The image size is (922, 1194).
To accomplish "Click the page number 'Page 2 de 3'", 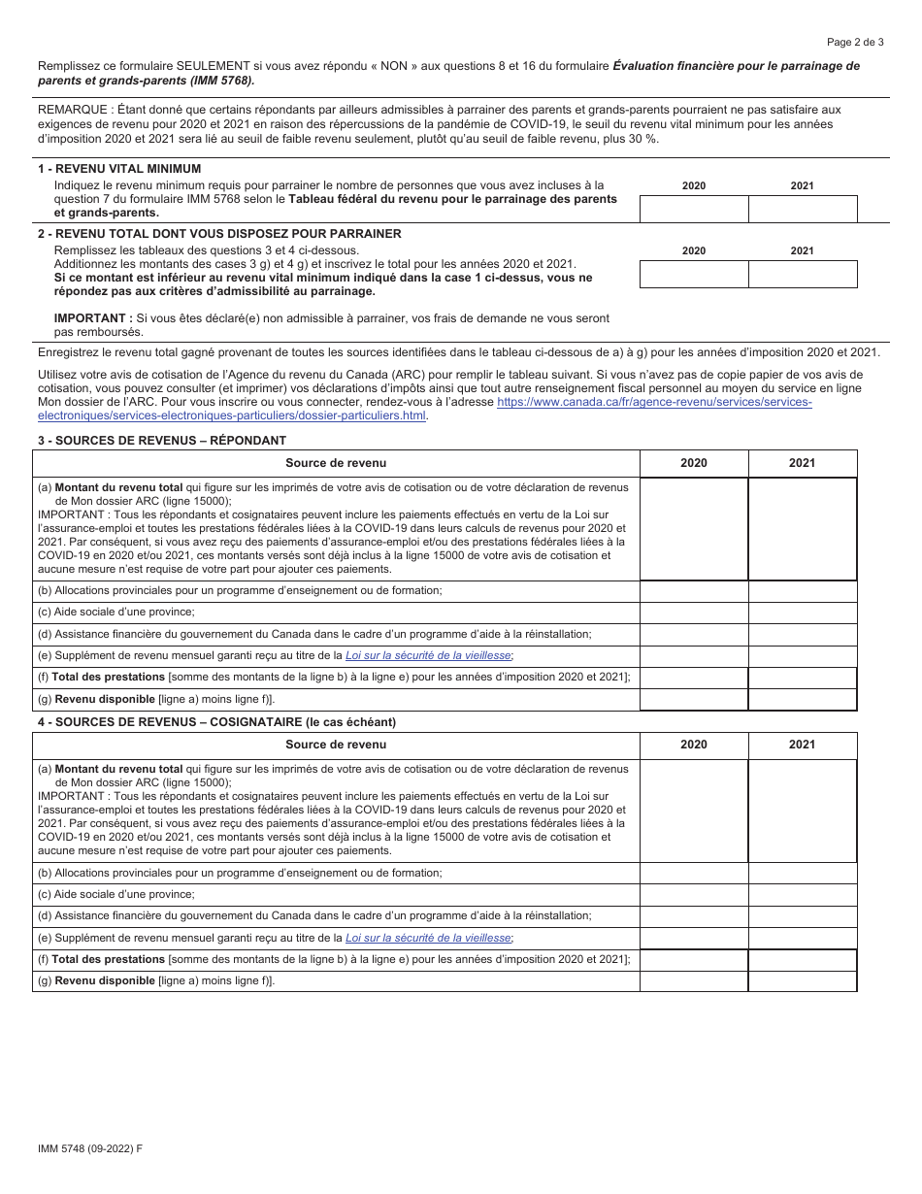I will (855, 42).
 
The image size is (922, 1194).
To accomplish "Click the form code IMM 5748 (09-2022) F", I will (89, 1148).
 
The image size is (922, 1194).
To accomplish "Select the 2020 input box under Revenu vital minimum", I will (694, 210).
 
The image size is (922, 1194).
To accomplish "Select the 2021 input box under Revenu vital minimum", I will (803, 210).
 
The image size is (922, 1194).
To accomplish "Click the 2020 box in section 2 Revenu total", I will (694, 275).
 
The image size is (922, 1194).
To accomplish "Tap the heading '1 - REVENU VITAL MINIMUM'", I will (119, 169).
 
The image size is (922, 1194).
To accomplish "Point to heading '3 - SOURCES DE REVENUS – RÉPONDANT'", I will (161, 441).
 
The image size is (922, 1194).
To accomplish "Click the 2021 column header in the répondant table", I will (803, 464).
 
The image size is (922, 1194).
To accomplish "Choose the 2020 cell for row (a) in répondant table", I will (694, 529).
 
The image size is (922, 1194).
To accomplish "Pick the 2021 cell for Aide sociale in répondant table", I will (803, 613).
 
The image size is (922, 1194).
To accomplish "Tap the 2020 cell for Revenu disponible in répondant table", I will (694, 700).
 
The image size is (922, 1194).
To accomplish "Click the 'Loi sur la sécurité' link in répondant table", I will (429, 656).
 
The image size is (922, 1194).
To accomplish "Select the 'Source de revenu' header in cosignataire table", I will (336, 746).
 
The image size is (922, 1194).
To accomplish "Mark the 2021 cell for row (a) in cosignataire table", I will (803, 811).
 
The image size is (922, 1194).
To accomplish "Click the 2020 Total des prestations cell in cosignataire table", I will (694, 960).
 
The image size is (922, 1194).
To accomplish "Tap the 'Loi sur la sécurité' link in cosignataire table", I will (429, 938).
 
